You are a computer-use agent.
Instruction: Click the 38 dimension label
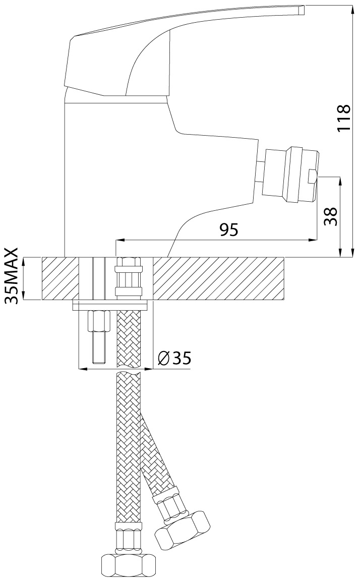(331, 216)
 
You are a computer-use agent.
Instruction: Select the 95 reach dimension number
(228, 230)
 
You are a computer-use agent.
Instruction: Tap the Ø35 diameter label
(174, 358)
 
